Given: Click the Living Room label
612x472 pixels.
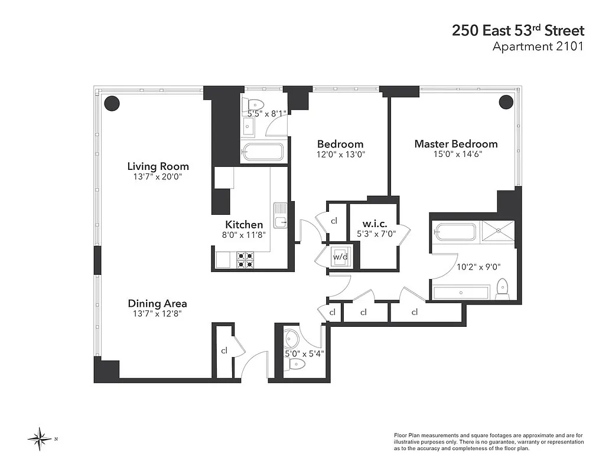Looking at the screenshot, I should point(158,166).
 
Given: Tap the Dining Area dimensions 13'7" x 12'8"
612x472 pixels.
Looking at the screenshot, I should point(157,314).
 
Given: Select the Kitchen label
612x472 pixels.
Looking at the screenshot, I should point(244,224).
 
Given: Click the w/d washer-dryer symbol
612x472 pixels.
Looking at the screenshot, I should point(340,257).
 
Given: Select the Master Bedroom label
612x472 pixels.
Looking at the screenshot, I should point(455,144).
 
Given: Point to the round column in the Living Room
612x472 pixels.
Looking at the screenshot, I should point(112,103).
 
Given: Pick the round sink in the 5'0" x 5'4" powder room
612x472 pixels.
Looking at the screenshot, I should point(292,339).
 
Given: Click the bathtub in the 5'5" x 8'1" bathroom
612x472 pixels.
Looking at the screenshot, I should point(263,152).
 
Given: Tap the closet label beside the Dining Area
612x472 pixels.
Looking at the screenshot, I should point(224,350).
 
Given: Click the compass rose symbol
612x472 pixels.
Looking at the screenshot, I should point(41,438).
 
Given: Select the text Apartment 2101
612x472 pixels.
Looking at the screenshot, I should point(538,46).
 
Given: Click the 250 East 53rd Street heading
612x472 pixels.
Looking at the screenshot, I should point(517,31).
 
